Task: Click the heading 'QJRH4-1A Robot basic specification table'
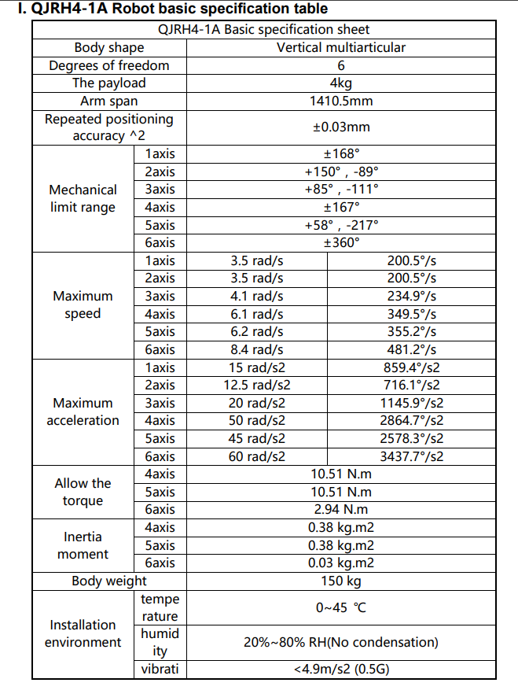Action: (x=172, y=9)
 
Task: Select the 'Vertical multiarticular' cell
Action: (x=341, y=47)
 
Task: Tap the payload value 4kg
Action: (x=341, y=83)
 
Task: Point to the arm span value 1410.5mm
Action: (x=341, y=101)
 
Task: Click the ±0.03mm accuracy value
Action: (x=341, y=127)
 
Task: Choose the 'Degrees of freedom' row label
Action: (x=109, y=65)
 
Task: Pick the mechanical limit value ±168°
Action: (x=341, y=154)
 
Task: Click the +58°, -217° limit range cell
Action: (x=341, y=225)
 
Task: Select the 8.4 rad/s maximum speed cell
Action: (x=257, y=349)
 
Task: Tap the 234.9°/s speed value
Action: (x=411, y=296)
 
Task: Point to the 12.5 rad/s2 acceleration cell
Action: (x=257, y=385)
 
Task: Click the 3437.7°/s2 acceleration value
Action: (x=411, y=456)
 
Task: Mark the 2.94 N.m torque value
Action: (x=341, y=510)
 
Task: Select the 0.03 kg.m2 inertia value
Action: (x=341, y=563)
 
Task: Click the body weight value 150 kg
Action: (x=341, y=581)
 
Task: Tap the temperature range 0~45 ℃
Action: (x=341, y=607)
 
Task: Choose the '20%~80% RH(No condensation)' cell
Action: (x=341, y=642)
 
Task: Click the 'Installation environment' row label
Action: (x=83, y=633)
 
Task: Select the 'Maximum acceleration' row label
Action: (x=83, y=411)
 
